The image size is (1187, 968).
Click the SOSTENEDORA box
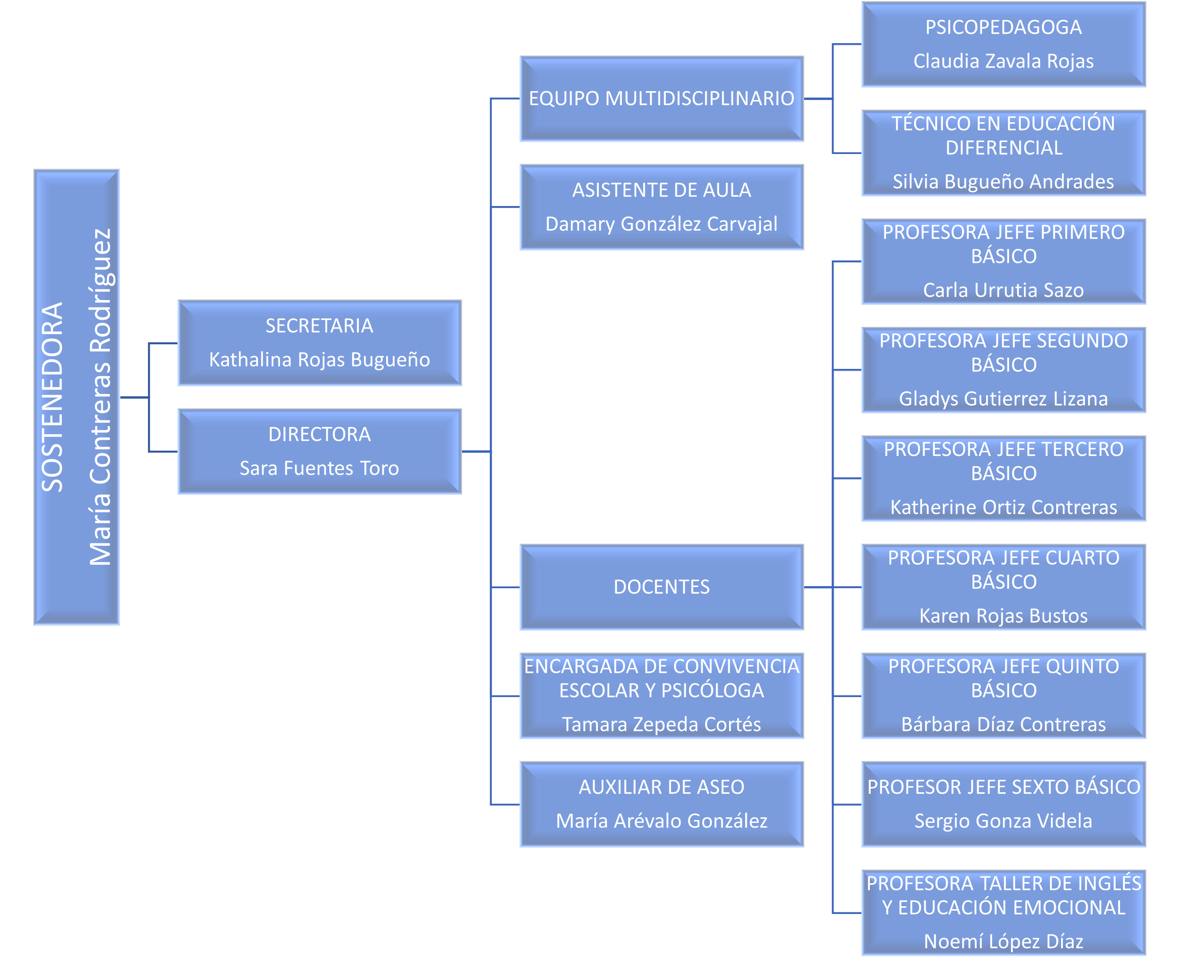(x=76, y=397)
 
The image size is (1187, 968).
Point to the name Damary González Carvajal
(x=661, y=224)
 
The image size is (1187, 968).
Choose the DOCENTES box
(x=661, y=587)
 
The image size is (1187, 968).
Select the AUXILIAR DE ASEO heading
(x=661, y=787)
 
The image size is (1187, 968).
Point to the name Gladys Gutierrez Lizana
(x=1003, y=399)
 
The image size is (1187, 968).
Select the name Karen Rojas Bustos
(x=1003, y=616)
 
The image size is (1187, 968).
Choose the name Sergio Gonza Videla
(x=1003, y=821)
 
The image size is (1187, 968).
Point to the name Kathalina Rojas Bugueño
(x=319, y=360)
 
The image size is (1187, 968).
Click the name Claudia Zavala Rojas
(x=1003, y=61)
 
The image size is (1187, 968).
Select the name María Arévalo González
(x=661, y=821)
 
